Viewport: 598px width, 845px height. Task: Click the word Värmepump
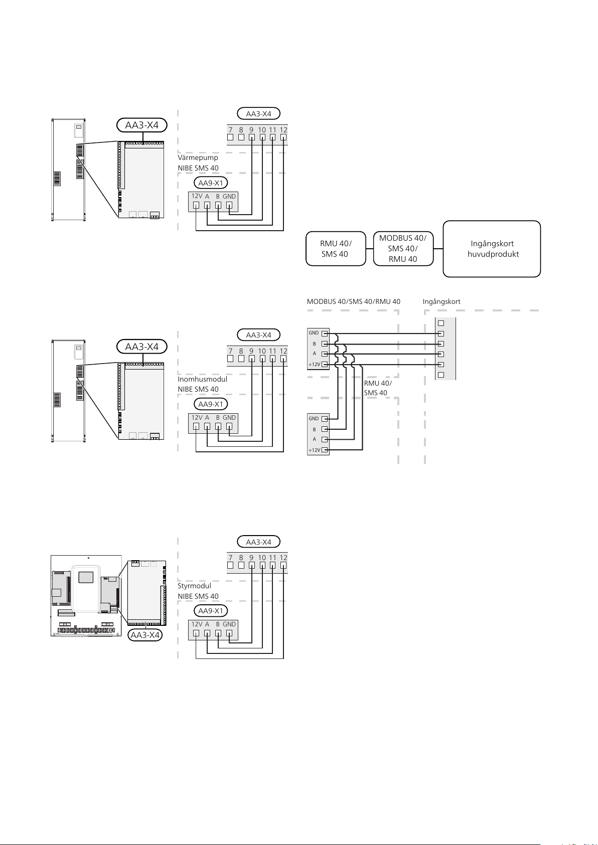tap(198, 157)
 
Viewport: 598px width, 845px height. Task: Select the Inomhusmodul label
tap(202, 379)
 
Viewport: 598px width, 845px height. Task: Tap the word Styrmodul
tap(194, 586)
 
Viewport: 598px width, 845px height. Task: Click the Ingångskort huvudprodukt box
tap(492, 249)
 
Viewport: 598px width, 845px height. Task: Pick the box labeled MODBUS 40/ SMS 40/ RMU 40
tap(403, 249)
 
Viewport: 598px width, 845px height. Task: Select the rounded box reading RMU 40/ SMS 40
tap(336, 249)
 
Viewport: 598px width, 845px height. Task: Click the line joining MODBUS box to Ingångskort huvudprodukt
tap(438, 249)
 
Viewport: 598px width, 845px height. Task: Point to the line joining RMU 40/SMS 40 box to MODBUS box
tap(370, 249)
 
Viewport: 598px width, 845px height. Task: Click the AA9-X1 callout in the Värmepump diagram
tap(211, 183)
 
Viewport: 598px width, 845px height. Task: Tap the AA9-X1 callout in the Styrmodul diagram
tap(211, 611)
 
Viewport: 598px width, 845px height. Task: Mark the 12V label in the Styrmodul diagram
tap(197, 624)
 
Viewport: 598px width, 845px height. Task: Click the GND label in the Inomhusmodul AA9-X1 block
tap(229, 418)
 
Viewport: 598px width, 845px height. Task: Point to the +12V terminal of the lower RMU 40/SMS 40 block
tap(325, 450)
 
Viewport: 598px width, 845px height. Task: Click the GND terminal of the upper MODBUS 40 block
tap(325, 333)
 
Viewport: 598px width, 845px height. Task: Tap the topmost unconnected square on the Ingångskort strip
tap(440, 323)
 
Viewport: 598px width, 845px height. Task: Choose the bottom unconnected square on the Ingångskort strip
tap(440, 375)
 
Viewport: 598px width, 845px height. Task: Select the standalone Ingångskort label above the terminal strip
tap(441, 302)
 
